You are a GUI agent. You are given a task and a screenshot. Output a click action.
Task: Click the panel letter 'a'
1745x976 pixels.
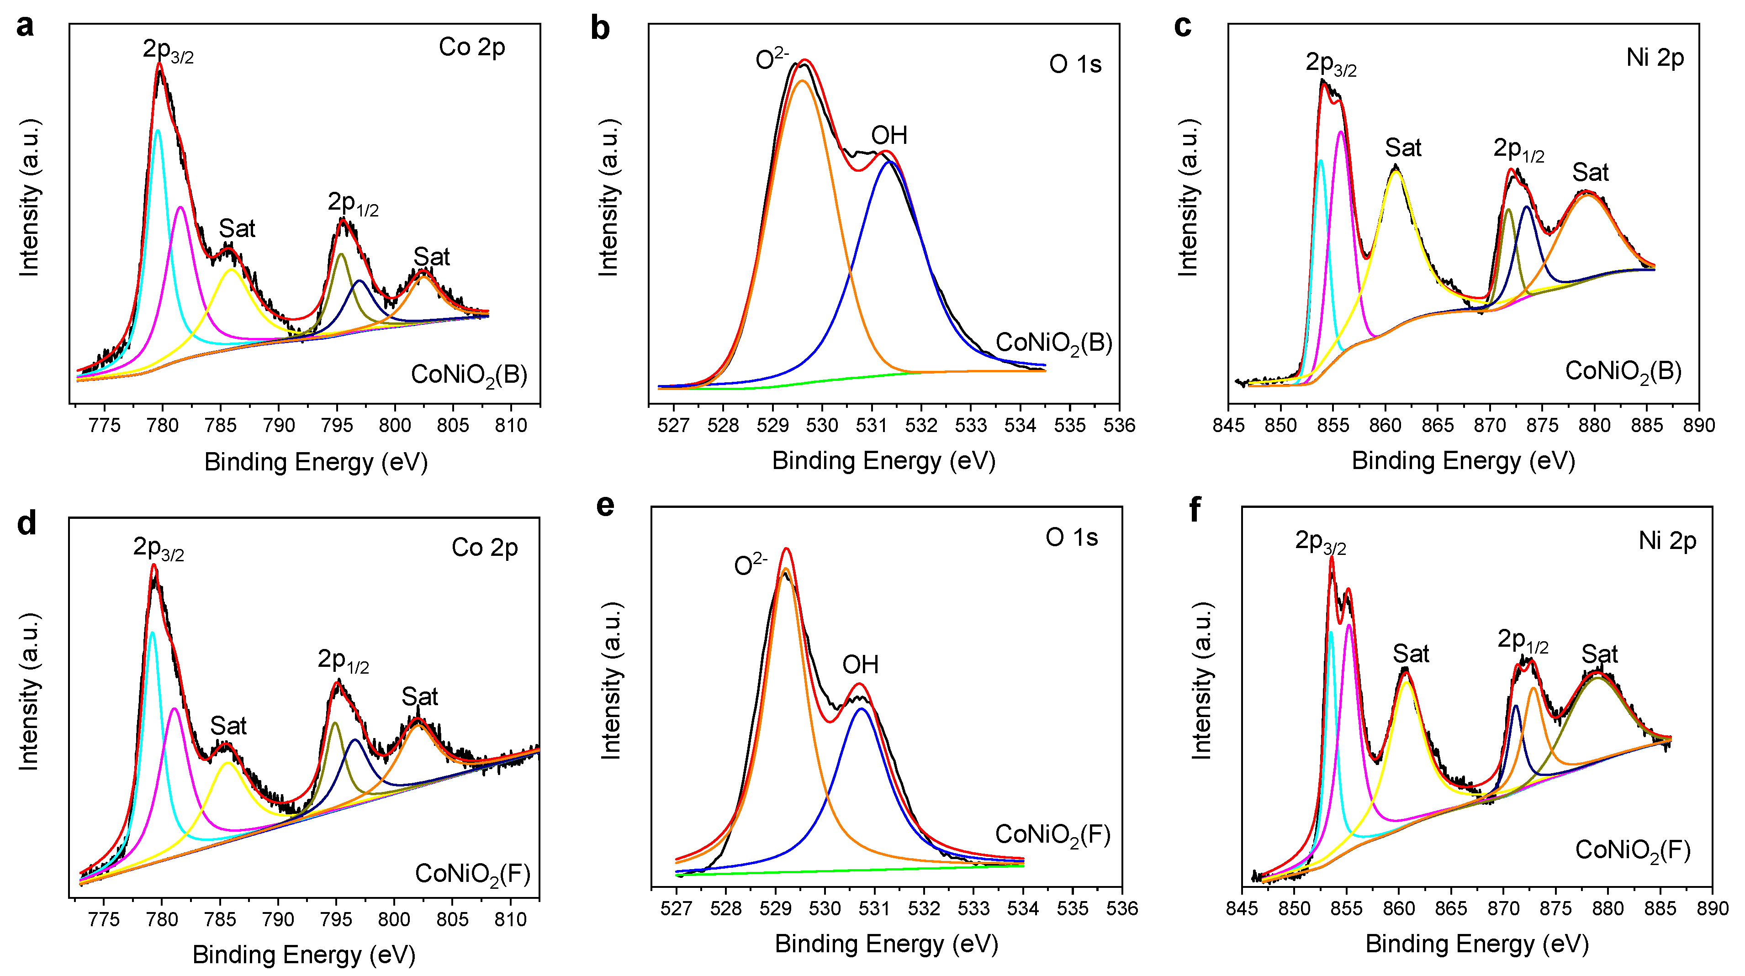click(x=25, y=26)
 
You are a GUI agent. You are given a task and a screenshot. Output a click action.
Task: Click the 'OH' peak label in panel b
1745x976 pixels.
click(x=889, y=136)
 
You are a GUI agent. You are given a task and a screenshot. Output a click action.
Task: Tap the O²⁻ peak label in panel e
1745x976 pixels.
click(x=751, y=564)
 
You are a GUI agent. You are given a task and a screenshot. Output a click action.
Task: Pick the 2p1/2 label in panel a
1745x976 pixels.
click(x=353, y=203)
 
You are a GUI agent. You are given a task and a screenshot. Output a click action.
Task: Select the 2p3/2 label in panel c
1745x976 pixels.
click(x=1331, y=63)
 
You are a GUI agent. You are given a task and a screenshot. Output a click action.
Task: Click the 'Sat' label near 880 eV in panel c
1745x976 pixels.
click(x=1590, y=173)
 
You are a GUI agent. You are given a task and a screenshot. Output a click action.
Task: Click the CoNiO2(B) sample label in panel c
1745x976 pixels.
click(x=1623, y=372)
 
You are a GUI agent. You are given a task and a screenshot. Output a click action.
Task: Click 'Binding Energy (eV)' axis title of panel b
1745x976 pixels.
click(x=883, y=461)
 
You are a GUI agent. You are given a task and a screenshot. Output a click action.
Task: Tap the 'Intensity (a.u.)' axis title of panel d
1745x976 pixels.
click(x=28, y=691)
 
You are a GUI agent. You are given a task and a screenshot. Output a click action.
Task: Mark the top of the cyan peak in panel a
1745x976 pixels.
click(x=158, y=130)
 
